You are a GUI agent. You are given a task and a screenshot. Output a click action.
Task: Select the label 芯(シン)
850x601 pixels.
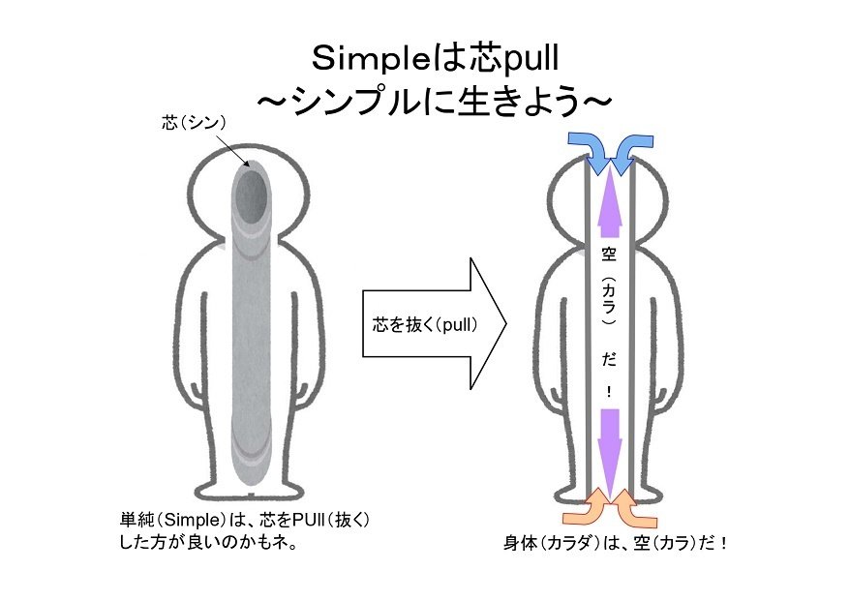point(194,123)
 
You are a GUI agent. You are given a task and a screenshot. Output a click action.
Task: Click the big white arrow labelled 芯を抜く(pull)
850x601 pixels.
point(436,323)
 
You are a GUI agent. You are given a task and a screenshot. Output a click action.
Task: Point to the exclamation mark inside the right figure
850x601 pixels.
point(609,393)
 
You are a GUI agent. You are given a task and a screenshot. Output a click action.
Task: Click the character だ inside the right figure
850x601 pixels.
point(609,359)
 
